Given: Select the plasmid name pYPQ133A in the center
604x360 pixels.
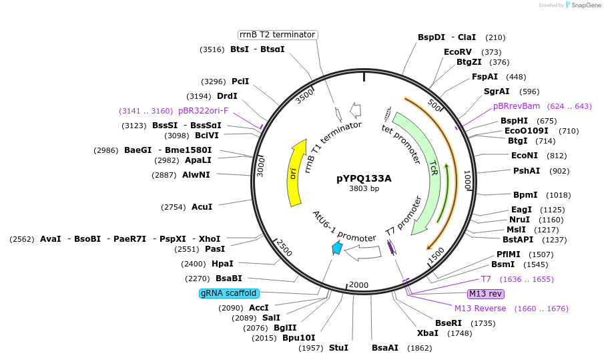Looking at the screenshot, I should (364, 178).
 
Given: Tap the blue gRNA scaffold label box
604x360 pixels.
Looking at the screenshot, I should (228, 293).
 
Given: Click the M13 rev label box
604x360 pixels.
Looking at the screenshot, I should (486, 294).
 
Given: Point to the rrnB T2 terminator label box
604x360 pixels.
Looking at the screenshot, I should (278, 35).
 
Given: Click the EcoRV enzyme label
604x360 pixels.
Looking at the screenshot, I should (458, 52).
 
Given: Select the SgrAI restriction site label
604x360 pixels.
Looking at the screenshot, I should (497, 92).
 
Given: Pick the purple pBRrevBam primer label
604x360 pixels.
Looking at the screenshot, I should (516, 106).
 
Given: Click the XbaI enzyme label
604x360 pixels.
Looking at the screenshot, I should (428, 333).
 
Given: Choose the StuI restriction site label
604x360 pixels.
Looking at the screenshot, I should (338, 348).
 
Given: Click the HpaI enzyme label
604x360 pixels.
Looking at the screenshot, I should (222, 264).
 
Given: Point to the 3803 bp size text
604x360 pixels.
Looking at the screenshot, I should (364, 189).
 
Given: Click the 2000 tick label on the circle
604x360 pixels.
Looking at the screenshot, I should (358, 285).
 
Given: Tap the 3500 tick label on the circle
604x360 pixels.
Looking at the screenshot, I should (304, 97).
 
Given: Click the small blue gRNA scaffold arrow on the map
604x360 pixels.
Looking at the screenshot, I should (338, 248).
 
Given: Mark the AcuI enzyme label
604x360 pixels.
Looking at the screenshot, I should (202, 207).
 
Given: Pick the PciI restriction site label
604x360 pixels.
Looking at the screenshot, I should (240, 81).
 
